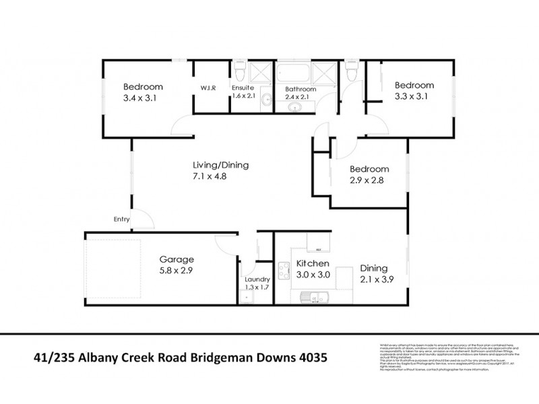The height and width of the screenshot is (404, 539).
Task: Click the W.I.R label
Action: pos(207,88)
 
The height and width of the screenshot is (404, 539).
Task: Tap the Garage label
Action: pos(177,259)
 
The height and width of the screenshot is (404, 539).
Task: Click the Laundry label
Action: pos(258,279)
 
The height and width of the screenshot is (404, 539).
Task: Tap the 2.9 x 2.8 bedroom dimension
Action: pos(367,180)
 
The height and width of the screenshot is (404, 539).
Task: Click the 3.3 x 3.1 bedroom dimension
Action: pos(413,96)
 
